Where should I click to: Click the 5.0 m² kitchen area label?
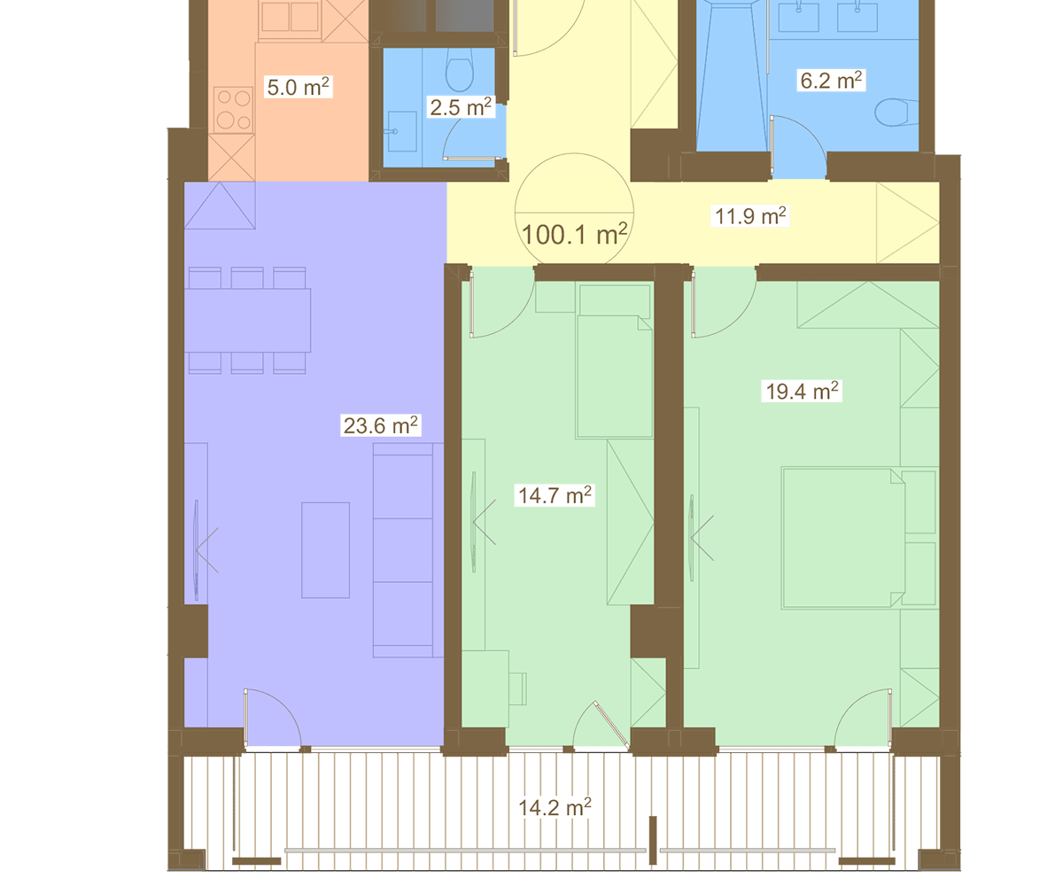(x=299, y=87)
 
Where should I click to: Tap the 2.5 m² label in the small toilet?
(x=461, y=107)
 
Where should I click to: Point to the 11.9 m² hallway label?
(x=750, y=216)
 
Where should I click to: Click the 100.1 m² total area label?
(x=574, y=235)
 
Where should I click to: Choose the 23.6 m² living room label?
(x=381, y=425)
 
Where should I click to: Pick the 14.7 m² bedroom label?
(x=555, y=495)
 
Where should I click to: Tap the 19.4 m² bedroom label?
(x=802, y=391)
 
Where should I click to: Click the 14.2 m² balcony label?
(x=555, y=807)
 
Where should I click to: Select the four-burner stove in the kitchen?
(x=234, y=110)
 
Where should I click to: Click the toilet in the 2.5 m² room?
(x=459, y=70)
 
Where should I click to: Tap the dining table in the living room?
(x=247, y=320)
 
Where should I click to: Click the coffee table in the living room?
(x=325, y=550)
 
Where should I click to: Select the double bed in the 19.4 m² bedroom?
(x=843, y=538)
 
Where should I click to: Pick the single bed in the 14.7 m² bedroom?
(x=615, y=377)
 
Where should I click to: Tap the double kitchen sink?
(x=291, y=19)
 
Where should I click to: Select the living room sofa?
(x=408, y=550)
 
